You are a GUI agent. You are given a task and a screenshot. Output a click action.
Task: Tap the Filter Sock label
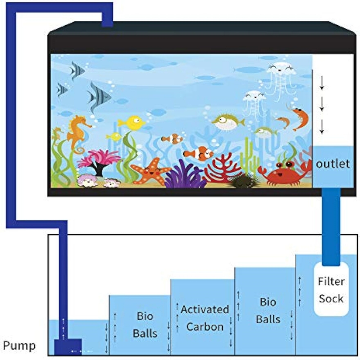click(x=331, y=290)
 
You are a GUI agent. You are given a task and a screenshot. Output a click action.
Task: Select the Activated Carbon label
click(x=205, y=318)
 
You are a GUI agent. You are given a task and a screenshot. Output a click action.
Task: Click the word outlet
click(x=333, y=164)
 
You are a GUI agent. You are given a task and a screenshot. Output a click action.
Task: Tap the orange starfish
click(x=150, y=171)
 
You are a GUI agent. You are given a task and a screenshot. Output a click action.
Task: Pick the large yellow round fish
click(x=131, y=123)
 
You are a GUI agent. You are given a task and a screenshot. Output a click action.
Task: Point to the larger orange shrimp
click(x=299, y=118)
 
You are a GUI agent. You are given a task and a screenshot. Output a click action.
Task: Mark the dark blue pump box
click(x=68, y=347)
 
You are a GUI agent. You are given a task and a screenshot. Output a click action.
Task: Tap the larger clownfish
click(x=199, y=153)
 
